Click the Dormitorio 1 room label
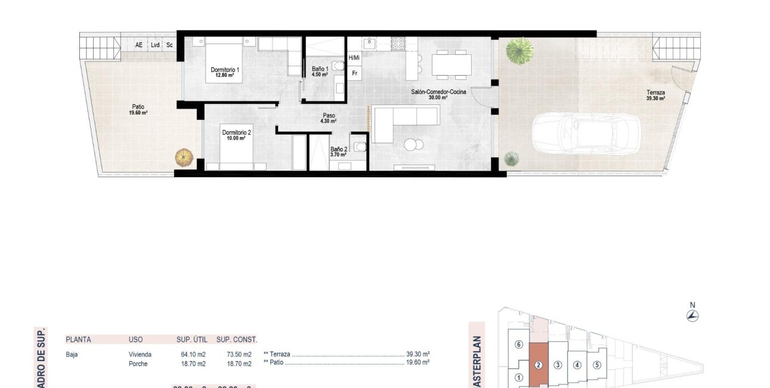tap(225, 72)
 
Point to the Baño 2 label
tap(338, 152)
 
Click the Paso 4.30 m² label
tap(329, 118)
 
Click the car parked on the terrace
tap(586, 132)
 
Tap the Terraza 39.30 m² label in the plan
tap(655, 96)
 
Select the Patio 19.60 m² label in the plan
tap(138, 109)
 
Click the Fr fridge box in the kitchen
tap(354, 73)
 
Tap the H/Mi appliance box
tap(354, 58)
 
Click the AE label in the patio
tap(139, 45)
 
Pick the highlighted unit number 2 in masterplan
tap(538, 365)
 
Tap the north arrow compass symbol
tap(692, 316)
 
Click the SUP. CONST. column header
tap(237, 340)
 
